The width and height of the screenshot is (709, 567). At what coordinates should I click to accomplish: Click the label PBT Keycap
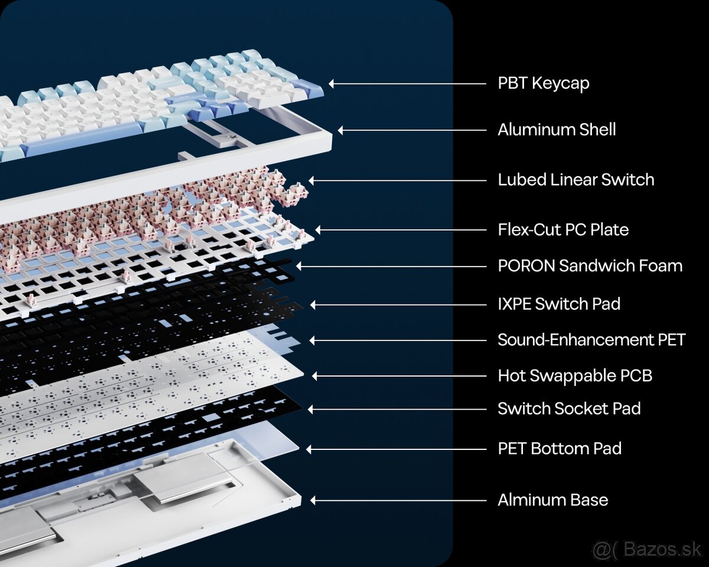(544, 83)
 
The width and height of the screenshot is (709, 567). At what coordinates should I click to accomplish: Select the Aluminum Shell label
(557, 129)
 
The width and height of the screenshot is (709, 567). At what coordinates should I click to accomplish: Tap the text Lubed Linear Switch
(576, 180)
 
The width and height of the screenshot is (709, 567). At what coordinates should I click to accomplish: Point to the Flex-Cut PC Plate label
(563, 230)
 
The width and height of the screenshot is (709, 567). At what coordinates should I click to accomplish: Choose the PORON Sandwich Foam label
(590, 265)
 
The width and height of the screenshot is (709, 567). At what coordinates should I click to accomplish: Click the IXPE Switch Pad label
(559, 304)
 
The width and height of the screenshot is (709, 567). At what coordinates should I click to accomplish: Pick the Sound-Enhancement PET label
(591, 340)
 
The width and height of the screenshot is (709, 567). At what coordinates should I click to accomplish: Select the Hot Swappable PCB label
(575, 376)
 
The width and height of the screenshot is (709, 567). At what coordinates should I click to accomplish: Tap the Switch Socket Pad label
(570, 409)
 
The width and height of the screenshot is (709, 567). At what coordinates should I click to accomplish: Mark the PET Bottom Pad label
(560, 449)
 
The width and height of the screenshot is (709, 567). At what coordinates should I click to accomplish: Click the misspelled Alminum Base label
(553, 500)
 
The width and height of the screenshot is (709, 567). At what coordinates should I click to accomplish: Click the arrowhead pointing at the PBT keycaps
(331, 84)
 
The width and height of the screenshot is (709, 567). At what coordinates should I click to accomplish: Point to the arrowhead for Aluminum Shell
(341, 130)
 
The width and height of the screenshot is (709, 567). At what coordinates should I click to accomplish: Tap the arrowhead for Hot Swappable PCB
(315, 376)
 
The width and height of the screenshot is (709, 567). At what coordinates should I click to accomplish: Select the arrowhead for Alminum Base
(313, 500)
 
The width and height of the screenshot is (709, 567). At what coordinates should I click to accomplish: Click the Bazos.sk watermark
(647, 549)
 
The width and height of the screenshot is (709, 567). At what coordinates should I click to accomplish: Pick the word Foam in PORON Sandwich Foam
(661, 265)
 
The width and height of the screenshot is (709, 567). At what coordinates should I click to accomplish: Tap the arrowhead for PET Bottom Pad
(309, 449)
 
